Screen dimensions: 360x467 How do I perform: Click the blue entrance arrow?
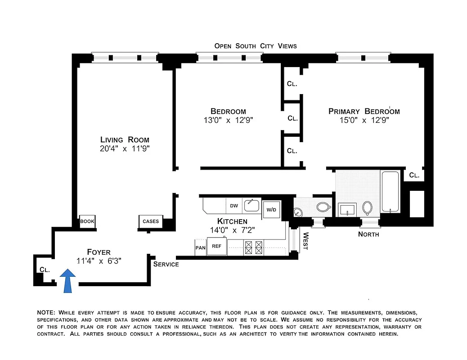(x=67, y=281)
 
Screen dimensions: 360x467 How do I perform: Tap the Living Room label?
(x=125, y=139)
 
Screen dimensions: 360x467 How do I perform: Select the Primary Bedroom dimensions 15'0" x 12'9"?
(x=364, y=120)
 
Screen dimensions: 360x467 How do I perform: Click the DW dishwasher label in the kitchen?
(x=234, y=206)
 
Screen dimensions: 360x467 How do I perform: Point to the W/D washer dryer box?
(x=271, y=210)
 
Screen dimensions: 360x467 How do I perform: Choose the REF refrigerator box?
(x=217, y=247)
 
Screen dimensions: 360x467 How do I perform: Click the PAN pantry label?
(x=200, y=247)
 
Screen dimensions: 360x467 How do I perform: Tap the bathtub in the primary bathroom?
(x=390, y=192)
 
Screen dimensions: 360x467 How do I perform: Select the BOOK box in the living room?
(x=87, y=221)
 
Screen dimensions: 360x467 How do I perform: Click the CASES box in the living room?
(x=150, y=221)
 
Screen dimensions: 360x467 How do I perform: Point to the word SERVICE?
(x=166, y=264)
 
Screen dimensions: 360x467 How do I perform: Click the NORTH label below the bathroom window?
(x=368, y=234)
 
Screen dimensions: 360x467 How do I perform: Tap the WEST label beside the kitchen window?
(x=306, y=241)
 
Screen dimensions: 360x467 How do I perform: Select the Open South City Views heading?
(x=255, y=46)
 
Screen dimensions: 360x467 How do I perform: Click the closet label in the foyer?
(x=44, y=270)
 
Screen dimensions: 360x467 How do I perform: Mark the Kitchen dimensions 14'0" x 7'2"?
(x=232, y=229)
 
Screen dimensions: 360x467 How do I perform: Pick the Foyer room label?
(x=99, y=252)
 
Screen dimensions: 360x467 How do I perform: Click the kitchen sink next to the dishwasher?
(x=252, y=206)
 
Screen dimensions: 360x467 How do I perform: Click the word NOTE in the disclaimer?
(x=45, y=312)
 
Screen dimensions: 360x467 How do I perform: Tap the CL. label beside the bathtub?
(x=414, y=175)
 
